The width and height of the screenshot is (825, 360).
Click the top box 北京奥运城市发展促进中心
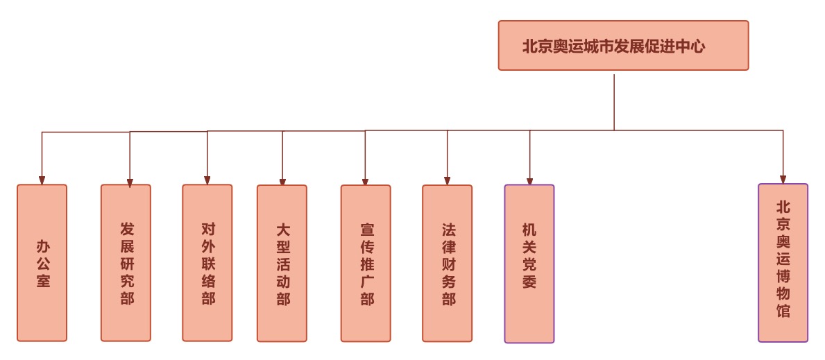(623, 46)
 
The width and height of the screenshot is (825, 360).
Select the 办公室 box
(42, 263)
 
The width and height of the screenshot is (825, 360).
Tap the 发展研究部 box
(126, 263)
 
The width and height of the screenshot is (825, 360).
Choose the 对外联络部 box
(207, 263)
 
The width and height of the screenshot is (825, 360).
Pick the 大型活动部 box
(282, 264)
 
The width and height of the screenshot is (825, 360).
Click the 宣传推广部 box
(366, 264)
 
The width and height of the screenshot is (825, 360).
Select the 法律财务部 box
(448, 264)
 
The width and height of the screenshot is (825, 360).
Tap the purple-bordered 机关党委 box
(529, 264)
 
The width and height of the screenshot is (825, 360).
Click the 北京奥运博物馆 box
(783, 263)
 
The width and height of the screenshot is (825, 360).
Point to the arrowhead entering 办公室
(42, 180)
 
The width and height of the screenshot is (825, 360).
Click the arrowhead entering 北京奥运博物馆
(783, 179)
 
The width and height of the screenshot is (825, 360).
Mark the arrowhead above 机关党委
(529, 181)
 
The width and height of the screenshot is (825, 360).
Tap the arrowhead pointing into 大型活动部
(282, 182)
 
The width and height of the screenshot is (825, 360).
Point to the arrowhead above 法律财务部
(448, 181)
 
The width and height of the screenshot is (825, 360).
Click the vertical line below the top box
(614, 101)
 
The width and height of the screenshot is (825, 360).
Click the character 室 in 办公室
(43, 281)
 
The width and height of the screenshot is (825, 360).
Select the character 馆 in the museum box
(783, 311)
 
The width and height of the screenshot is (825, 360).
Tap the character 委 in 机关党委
(529, 282)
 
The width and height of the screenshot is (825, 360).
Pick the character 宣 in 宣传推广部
(367, 228)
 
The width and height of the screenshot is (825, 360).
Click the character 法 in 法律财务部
(449, 228)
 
